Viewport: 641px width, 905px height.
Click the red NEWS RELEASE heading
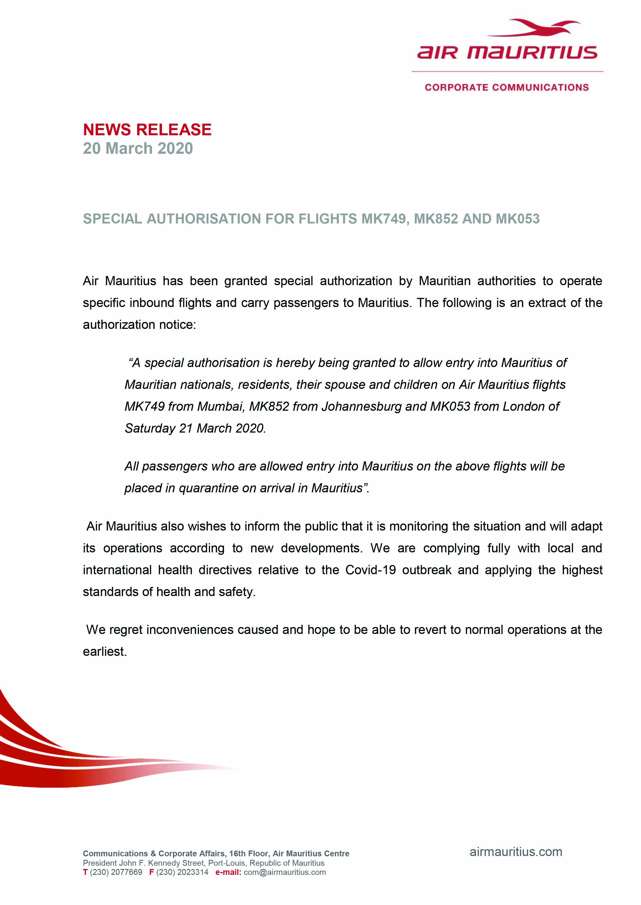pos(147,129)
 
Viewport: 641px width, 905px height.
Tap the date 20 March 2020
pos(138,148)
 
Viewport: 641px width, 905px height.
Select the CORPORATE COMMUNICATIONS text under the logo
pos(507,87)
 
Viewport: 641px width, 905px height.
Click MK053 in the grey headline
pos(517,219)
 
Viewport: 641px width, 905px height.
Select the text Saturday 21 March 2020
pos(195,428)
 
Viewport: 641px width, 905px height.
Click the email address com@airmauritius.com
pos(285,872)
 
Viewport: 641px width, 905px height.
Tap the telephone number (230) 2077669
pos(116,872)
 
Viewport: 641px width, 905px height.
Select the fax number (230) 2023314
pos(182,872)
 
